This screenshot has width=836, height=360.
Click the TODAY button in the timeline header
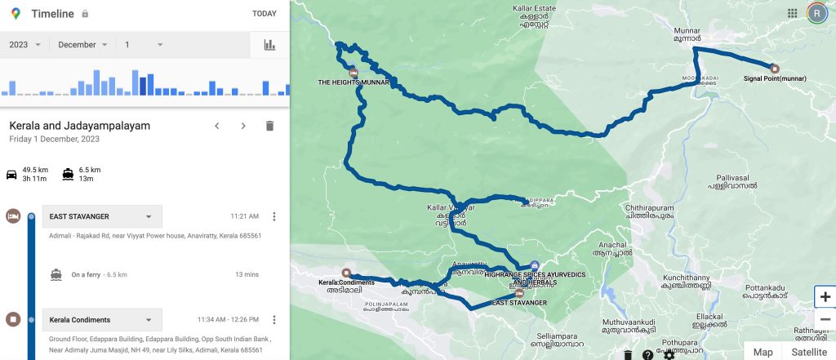tap(264, 14)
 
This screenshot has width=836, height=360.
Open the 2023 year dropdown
tap(25, 45)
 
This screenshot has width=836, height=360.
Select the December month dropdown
tap(82, 45)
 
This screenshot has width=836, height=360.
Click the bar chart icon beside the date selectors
tap(269, 45)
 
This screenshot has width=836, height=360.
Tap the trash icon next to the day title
tap(269, 126)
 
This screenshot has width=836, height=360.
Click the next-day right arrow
tap(243, 126)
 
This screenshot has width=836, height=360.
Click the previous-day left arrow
tap(217, 126)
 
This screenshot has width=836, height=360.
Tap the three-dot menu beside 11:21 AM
tap(274, 216)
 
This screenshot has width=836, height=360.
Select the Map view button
tap(763, 352)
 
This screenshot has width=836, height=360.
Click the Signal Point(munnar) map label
tap(775, 78)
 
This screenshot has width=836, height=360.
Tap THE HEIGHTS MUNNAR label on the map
tap(354, 82)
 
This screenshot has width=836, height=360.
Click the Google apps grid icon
tap(792, 13)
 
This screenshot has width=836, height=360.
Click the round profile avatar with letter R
tap(817, 13)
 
